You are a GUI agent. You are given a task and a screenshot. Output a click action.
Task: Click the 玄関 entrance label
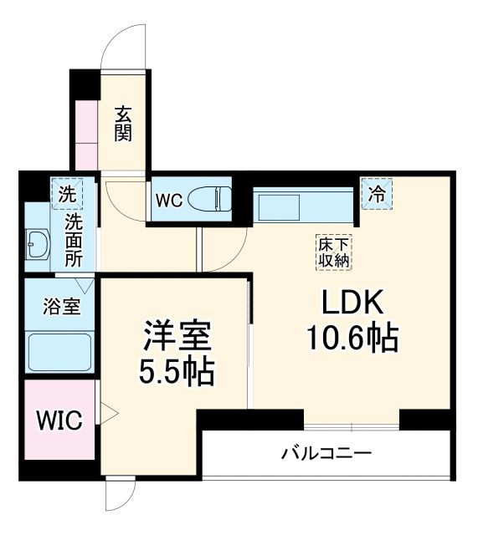coord(123,123)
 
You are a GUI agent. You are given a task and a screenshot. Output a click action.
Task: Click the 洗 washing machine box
coord(66,194)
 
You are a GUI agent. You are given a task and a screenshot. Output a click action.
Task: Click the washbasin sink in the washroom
coord(38,244)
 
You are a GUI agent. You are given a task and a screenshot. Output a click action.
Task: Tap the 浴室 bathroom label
coord(61,306)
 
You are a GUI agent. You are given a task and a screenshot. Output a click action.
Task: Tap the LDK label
coord(349,302)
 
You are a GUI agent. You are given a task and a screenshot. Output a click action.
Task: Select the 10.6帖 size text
coord(349,339)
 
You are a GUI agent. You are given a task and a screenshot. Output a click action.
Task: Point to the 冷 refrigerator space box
coord(378,194)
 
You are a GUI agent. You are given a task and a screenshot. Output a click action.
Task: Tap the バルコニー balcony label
coord(326,454)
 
